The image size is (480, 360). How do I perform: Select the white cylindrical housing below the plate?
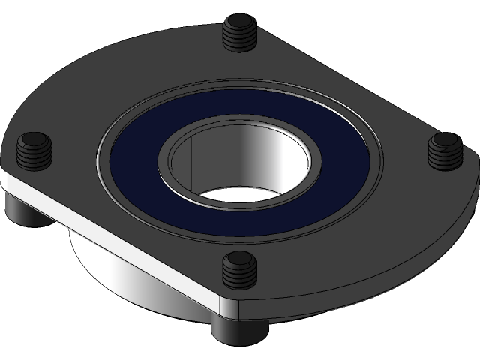(x=112, y=270)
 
